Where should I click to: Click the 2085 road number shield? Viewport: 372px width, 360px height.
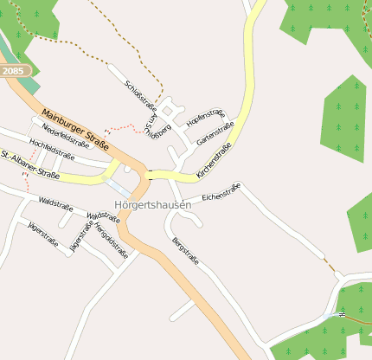(13, 70)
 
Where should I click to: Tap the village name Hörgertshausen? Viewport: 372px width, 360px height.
(151, 204)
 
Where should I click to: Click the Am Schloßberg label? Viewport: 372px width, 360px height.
(157, 130)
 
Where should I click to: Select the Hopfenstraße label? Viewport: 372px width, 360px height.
(205, 118)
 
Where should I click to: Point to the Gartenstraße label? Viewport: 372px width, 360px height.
(215, 133)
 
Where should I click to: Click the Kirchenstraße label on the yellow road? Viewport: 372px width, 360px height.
(214, 162)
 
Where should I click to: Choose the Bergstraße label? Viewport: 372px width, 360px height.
(186, 250)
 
